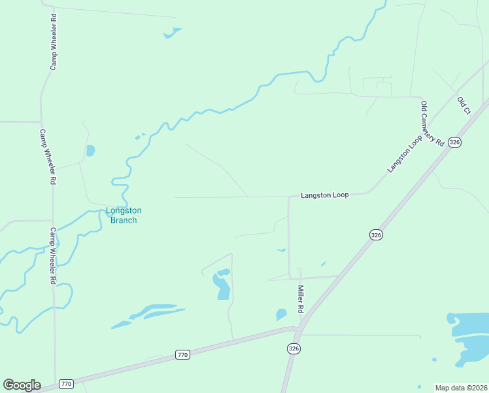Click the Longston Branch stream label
(x=124, y=215)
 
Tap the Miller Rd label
(x=301, y=298)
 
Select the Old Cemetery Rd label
(x=433, y=124)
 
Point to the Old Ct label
(x=464, y=105)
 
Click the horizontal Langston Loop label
(x=325, y=195)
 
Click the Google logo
(x=22, y=385)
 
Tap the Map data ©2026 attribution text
(x=461, y=387)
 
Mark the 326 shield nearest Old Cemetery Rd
(x=456, y=142)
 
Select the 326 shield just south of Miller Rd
(x=293, y=349)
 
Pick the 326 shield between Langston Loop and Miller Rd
(x=375, y=234)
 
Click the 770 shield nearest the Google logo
(x=65, y=383)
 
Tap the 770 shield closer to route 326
(x=182, y=355)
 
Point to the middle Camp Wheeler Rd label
(x=48, y=156)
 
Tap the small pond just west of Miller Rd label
(x=281, y=314)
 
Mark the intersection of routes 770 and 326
(x=295, y=329)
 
